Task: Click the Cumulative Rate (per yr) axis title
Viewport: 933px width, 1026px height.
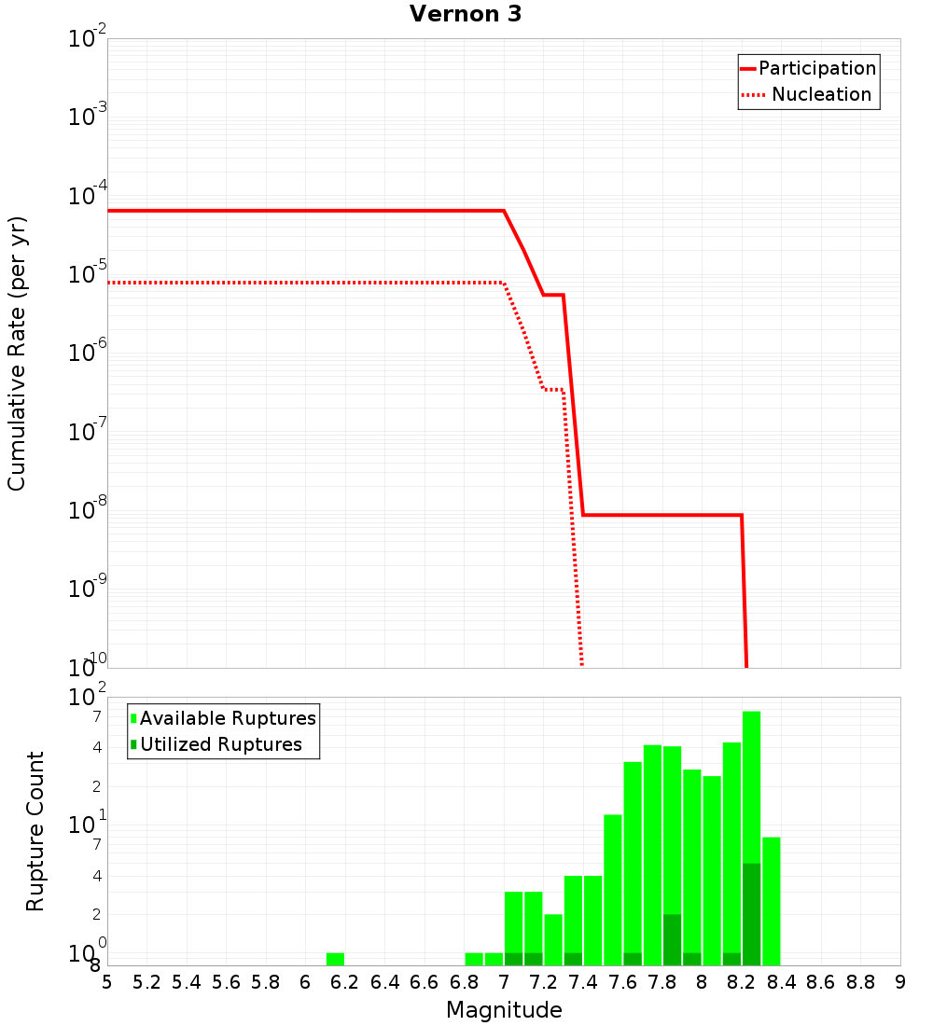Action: pos(17,353)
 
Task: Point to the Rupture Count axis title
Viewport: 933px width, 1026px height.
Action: pos(35,831)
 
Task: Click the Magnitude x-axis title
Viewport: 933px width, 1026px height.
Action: pos(504,1010)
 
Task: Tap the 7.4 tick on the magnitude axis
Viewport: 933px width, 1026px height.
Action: pos(583,981)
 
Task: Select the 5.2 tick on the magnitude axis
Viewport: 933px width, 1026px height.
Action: pos(147,981)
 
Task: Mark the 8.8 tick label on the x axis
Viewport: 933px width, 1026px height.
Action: pos(860,981)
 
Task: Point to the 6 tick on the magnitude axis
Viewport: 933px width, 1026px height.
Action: pos(305,981)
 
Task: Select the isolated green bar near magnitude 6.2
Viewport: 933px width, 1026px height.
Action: pos(335,959)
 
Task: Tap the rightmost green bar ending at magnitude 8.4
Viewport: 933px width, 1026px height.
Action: pos(771,900)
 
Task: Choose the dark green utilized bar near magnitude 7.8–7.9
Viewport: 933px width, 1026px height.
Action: pos(672,939)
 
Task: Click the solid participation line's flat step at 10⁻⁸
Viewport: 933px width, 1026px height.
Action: pos(662,515)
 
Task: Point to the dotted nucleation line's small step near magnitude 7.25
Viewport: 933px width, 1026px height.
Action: pos(553,389)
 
